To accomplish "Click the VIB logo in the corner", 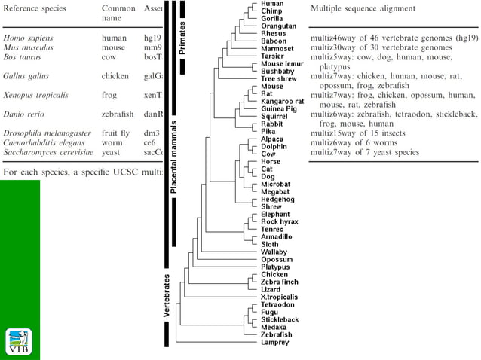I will click(x=20, y=341).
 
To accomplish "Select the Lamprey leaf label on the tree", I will click(x=274, y=343).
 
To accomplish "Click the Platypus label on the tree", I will click(x=275, y=267).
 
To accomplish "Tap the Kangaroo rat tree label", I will click(x=283, y=101).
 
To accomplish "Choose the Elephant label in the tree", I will click(x=275, y=215).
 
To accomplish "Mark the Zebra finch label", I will click(x=280, y=282).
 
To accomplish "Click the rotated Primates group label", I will click(x=182, y=36).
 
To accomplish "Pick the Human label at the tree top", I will click(x=272, y=4).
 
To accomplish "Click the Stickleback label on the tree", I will click(x=280, y=319).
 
